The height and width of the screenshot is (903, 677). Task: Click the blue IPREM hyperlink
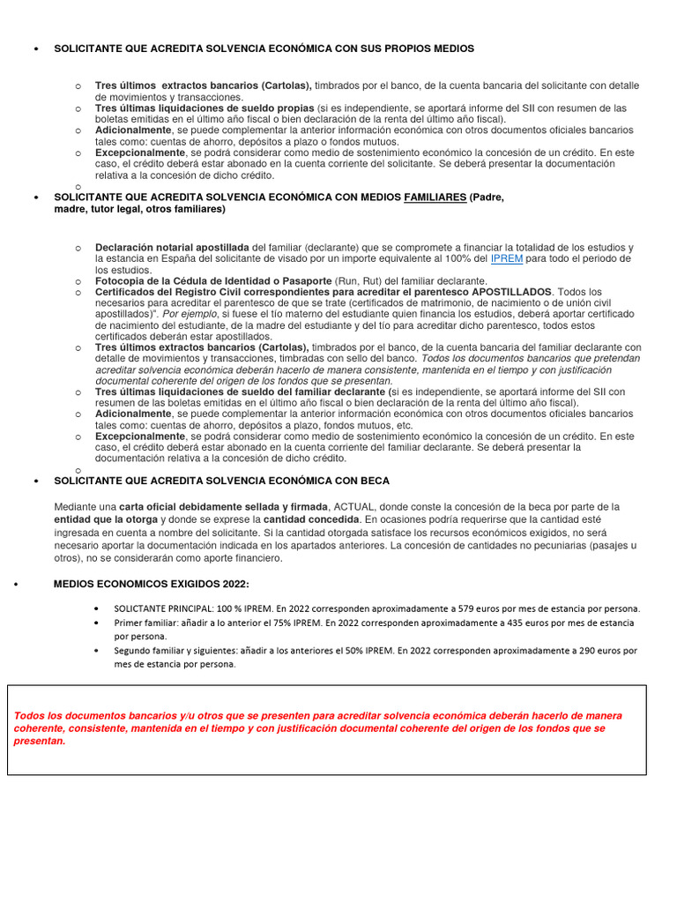[x=507, y=258]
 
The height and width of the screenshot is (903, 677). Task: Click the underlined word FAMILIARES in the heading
[x=435, y=198]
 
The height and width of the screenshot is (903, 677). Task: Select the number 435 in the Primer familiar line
[x=523, y=623]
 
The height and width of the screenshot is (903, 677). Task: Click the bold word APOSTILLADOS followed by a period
[x=511, y=291]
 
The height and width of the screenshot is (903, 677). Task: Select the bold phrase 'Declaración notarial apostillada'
[x=172, y=247]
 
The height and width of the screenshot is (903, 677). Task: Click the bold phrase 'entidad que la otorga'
[x=108, y=520]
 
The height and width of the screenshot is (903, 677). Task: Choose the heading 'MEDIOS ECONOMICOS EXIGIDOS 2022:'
[x=151, y=584]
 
